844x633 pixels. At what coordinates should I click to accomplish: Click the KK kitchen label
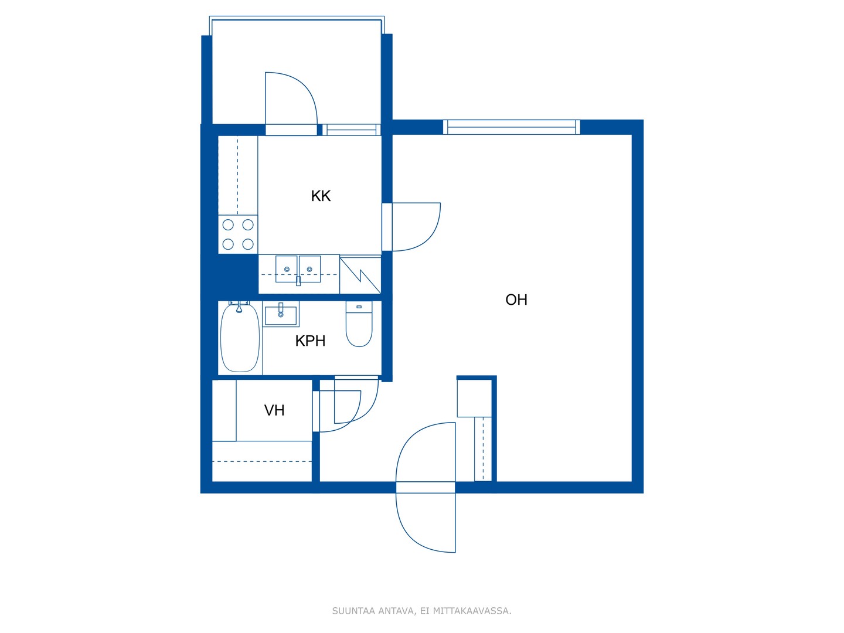click(320, 196)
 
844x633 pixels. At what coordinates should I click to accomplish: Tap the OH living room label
click(516, 300)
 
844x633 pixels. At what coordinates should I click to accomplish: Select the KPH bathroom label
click(310, 341)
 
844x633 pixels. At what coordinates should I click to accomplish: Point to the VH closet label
click(274, 410)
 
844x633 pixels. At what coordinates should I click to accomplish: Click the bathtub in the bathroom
click(240, 338)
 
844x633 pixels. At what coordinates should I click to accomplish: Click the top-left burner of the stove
click(228, 225)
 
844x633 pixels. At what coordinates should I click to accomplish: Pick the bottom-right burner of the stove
click(248, 244)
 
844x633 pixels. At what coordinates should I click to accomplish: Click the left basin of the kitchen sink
click(286, 269)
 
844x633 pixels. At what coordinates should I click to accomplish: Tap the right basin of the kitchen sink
click(310, 269)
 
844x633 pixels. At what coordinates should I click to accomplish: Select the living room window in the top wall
click(512, 127)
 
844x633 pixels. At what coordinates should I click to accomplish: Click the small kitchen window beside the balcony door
click(351, 130)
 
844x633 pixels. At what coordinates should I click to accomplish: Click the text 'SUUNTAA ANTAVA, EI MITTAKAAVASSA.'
click(422, 611)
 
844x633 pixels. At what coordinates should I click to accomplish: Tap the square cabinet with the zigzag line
click(360, 275)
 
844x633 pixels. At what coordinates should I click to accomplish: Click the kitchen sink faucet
click(298, 281)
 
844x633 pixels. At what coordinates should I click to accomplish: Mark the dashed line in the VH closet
click(262, 462)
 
